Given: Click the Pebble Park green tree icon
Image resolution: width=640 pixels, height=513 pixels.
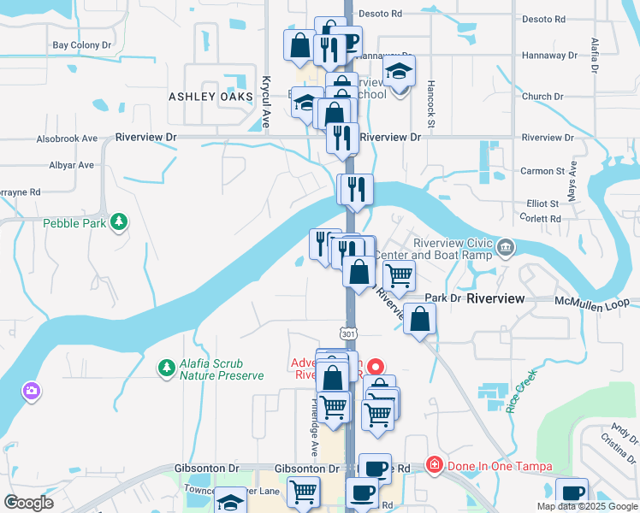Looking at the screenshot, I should (121, 223).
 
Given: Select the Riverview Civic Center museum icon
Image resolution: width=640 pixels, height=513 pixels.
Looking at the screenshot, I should (507, 248).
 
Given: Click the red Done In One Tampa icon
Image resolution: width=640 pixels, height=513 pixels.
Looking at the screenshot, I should (435, 466).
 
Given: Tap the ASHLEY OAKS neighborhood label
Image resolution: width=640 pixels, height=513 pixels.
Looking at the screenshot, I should (210, 97).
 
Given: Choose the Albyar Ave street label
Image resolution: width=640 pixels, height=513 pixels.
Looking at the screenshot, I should (70, 165).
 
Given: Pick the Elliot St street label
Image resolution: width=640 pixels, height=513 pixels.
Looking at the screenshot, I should (542, 203).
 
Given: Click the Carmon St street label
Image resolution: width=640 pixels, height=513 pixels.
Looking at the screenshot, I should (537, 171).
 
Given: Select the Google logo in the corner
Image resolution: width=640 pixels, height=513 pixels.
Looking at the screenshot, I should (29, 502).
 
